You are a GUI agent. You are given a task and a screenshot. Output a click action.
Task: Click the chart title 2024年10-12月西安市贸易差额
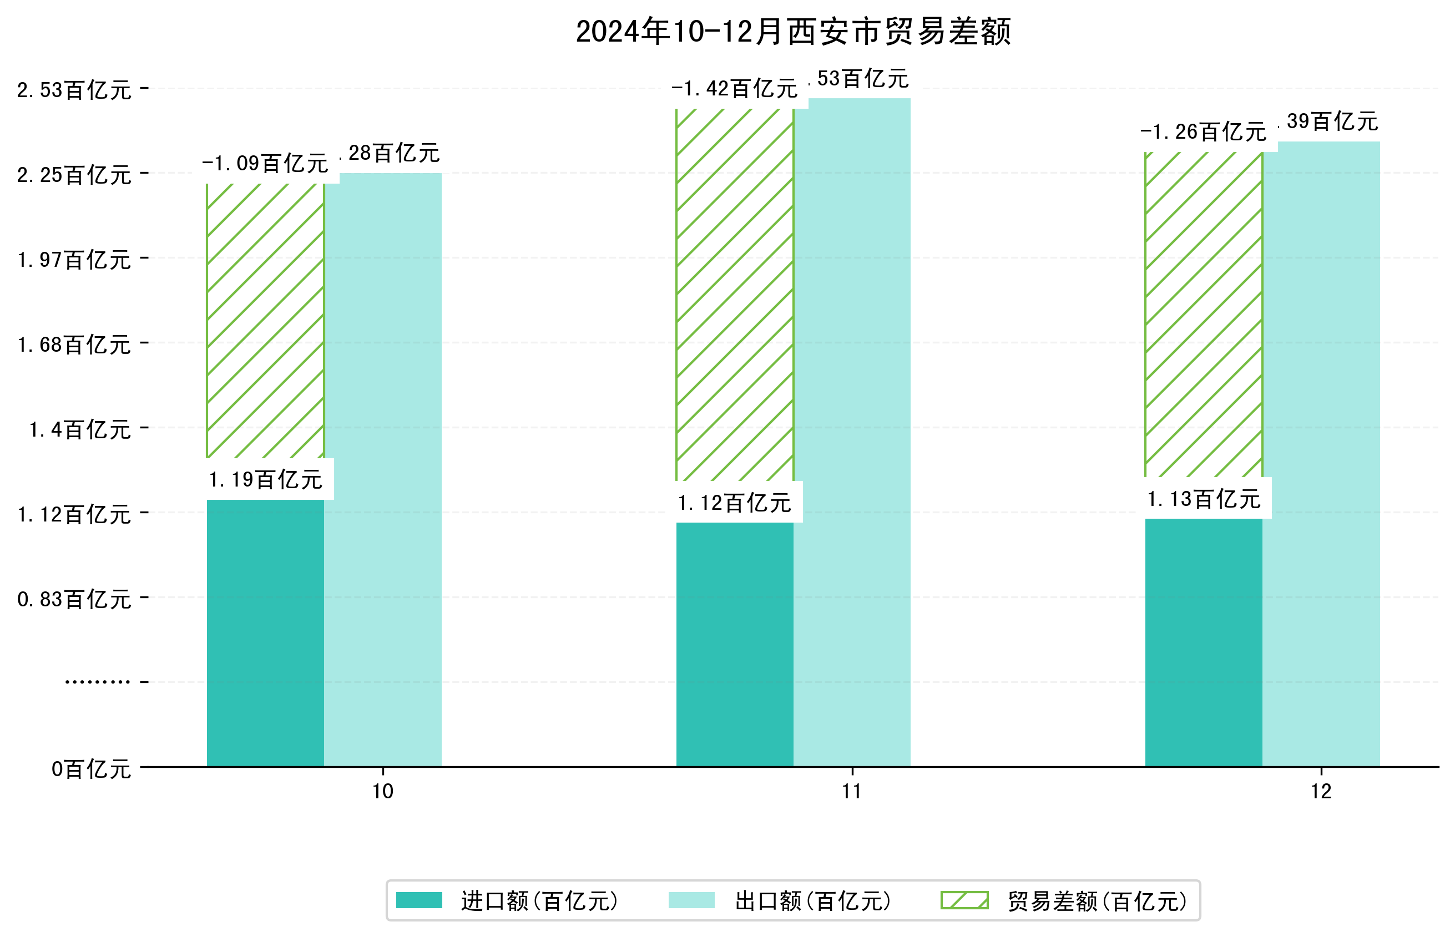click(x=793, y=32)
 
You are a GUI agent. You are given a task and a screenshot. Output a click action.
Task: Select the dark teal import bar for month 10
click(x=265, y=633)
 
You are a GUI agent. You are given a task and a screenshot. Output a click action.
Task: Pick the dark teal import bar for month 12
click(x=1203, y=642)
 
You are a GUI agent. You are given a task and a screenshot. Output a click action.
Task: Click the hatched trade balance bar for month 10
click(x=265, y=321)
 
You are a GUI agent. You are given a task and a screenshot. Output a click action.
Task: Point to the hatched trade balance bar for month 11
click(x=735, y=295)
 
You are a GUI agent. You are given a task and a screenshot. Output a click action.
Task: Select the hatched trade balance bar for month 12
click(x=1203, y=315)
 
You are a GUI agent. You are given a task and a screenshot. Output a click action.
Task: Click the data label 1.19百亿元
click(x=265, y=479)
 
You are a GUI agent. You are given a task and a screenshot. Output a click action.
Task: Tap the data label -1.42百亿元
click(x=735, y=89)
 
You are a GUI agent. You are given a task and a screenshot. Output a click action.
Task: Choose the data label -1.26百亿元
click(x=1203, y=131)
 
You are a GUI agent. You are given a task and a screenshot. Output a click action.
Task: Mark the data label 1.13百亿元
click(x=1203, y=499)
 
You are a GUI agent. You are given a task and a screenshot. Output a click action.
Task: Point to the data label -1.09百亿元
click(x=265, y=163)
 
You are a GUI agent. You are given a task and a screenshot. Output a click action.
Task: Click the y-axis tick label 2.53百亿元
click(x=74, y=90)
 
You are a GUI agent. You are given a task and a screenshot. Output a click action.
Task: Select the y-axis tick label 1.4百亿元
click(x=80, y=429)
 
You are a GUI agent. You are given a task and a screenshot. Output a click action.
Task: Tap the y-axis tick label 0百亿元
click(x=90, y=769)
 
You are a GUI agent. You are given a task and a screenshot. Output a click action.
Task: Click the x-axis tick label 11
click(x=852, y=792)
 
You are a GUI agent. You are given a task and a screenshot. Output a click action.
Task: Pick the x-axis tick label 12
click(x=1321, y=792)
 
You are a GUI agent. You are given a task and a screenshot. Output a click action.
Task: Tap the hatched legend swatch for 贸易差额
click(x=964, y=900)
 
